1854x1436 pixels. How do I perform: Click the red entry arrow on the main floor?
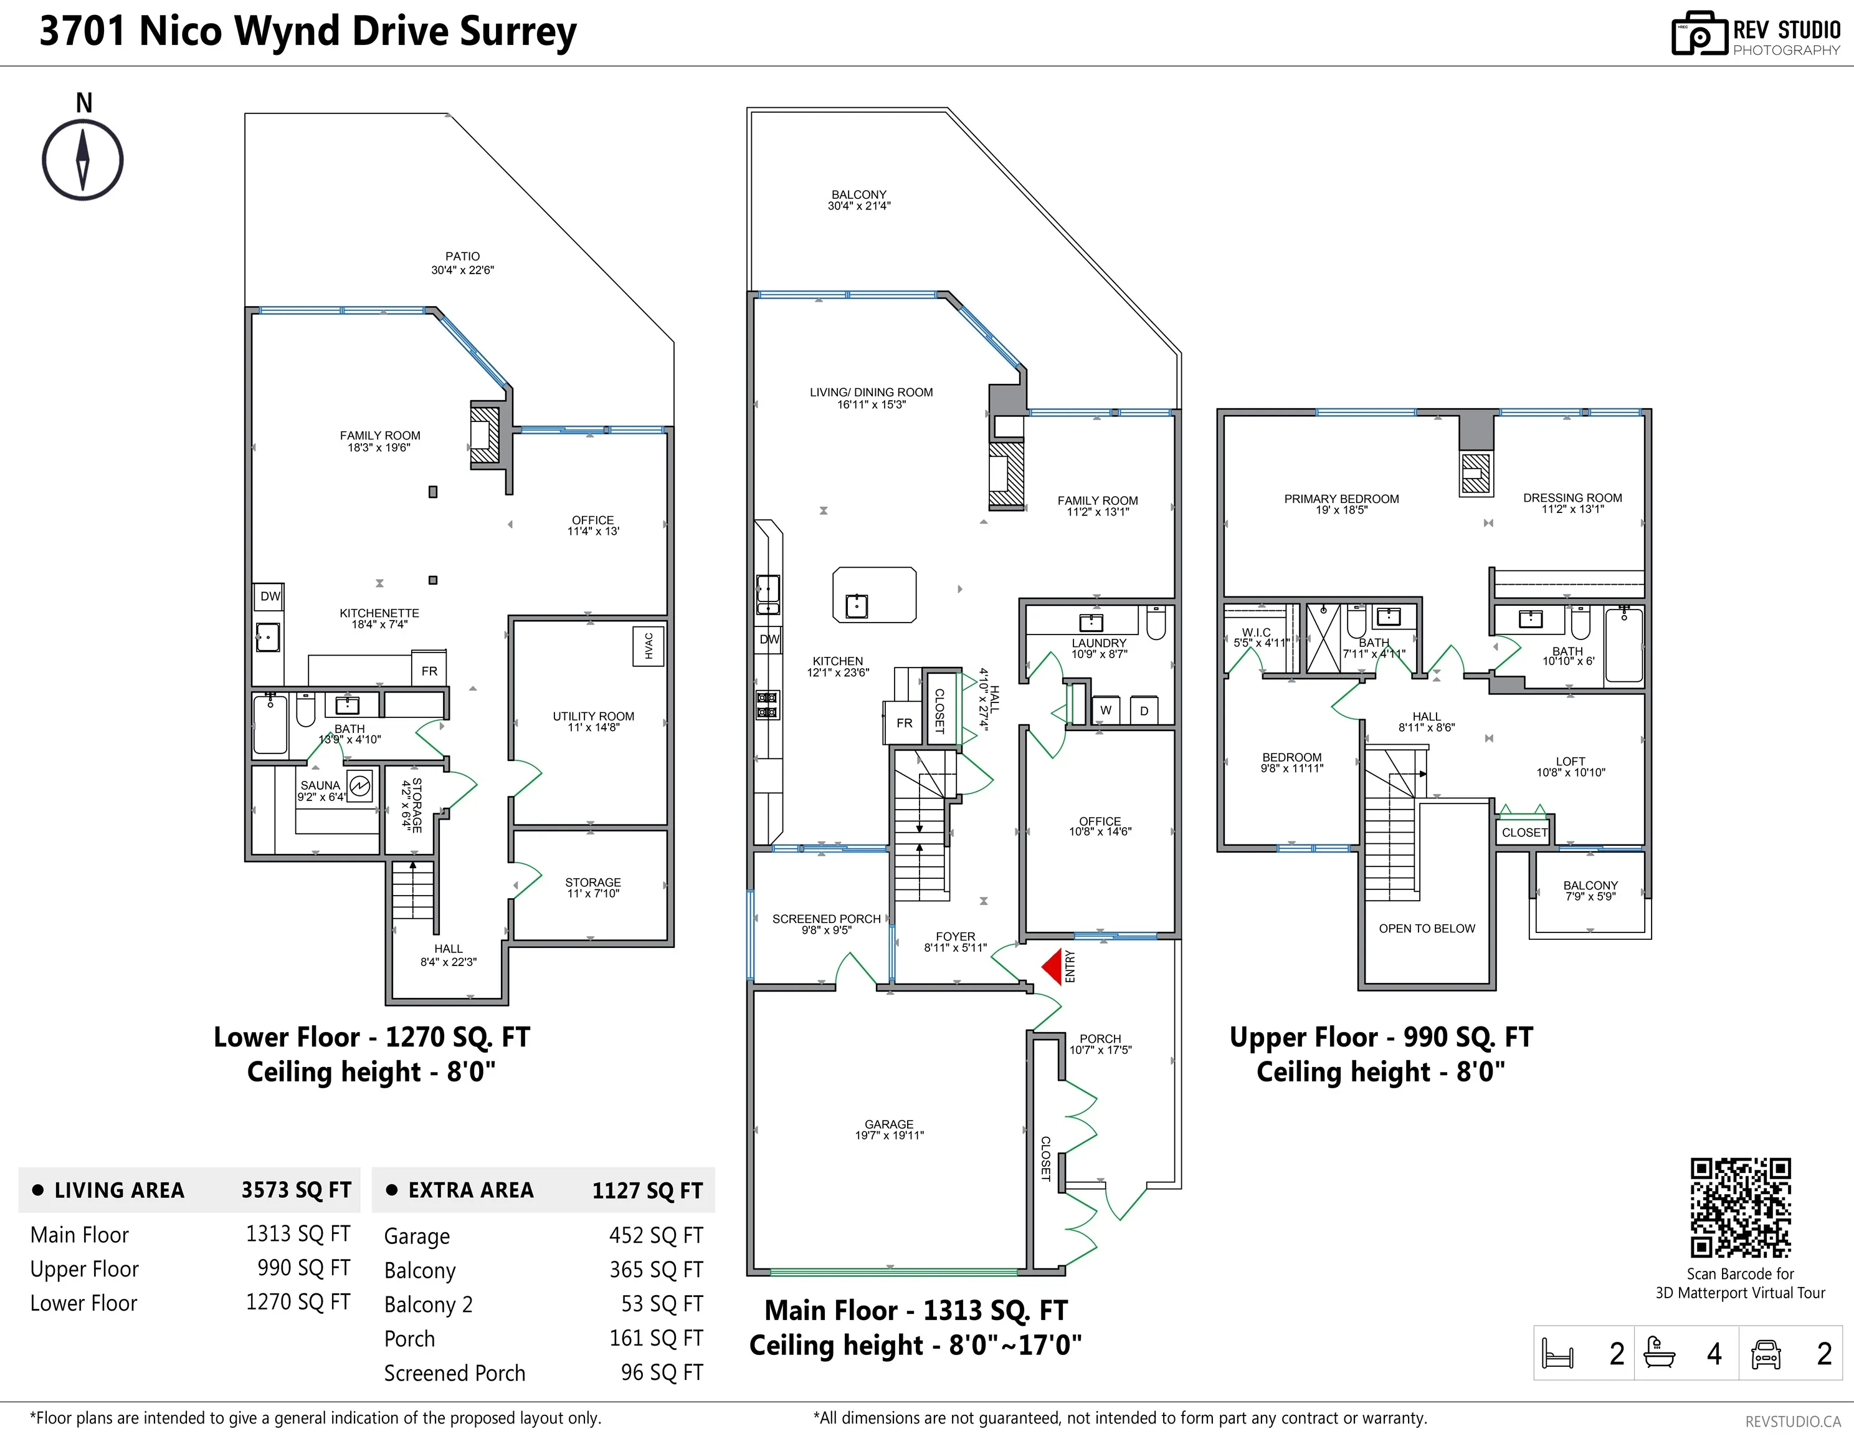[1053, 967]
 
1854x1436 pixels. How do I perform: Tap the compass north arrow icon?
[82, 160]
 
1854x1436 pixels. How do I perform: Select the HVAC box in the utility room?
[649, 646]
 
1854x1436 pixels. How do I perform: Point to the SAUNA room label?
[320, 785]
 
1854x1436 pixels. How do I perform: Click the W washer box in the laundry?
[1105, 710]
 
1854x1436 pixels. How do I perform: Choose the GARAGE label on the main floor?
[889, 1124]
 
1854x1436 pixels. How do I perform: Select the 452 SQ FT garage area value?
[655, 1235]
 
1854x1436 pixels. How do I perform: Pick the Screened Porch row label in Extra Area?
[454, 1373]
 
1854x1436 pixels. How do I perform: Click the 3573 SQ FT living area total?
[295, 1190]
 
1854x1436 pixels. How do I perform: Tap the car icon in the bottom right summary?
[1766, 1354]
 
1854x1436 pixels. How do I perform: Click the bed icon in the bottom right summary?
[1557, 1354]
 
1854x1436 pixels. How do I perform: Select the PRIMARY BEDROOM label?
[1341, 499]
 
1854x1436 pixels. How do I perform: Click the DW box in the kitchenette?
[270, 596]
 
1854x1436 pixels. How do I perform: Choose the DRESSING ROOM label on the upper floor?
[1572, 497]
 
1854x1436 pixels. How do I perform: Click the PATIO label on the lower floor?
[463, 256]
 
